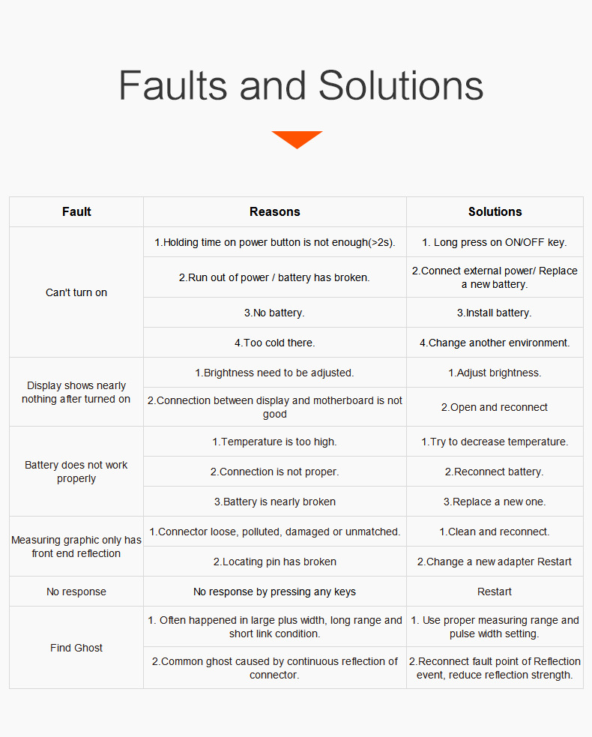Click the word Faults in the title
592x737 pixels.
pos(173,85)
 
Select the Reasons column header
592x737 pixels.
pos(275,212)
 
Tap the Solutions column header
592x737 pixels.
pos(495,212)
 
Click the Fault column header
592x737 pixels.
pos(76,212)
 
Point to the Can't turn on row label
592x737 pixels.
pos(76,292)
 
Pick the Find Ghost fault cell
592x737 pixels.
pos(76,648)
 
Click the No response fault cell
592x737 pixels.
pos(76,592)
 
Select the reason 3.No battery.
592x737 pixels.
pos(274,313)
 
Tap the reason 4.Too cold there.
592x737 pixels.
pos(275,343)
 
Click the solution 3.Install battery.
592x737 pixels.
pos(495,313)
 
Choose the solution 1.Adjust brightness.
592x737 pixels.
pos(495,373)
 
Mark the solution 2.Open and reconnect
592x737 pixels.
pos(495,408)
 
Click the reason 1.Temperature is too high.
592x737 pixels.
pos(274,442)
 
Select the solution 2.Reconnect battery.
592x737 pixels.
pos(495,472)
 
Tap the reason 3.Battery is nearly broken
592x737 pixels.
pos(275,502)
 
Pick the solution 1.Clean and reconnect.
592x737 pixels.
pos(495,532)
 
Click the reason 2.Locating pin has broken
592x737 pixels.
pos(275,562)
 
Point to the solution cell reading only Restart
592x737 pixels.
pos(495,592)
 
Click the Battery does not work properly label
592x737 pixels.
pos(76,472)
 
